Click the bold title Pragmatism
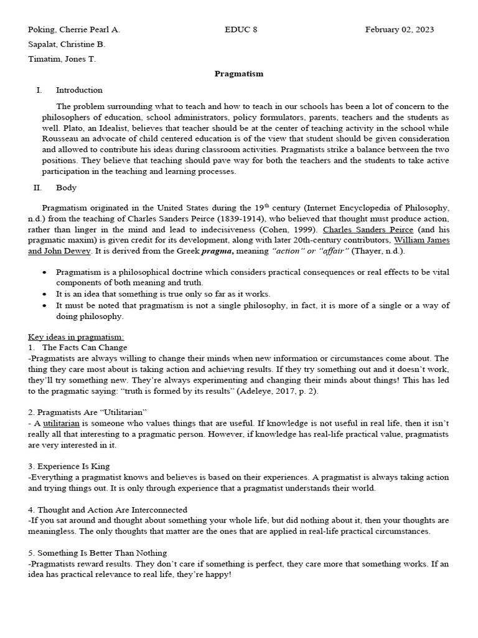pos(239,74)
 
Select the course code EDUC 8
pos(239,29)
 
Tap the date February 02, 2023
pos(400,29)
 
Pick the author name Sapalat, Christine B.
pos(67,44)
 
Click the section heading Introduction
pos(79,90)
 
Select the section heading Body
pos(66,188)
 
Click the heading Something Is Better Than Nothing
pos(101,553)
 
